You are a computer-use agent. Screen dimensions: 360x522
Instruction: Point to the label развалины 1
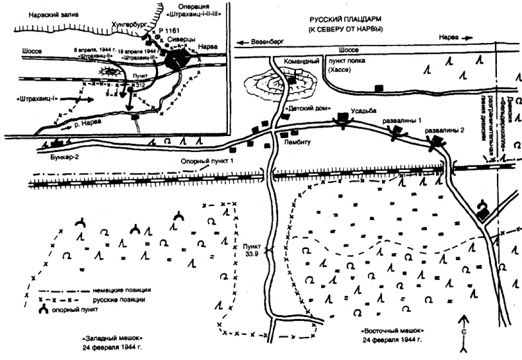pos(394,122)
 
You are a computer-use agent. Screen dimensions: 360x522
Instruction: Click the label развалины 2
pos(439,130)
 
